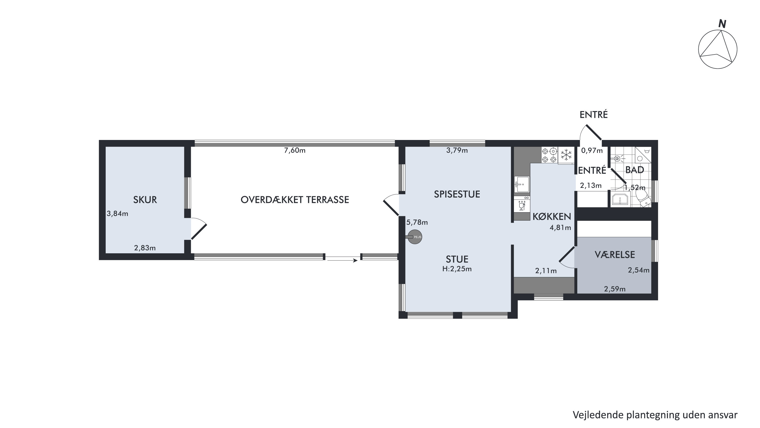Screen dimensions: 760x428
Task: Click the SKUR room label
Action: click(145, 200)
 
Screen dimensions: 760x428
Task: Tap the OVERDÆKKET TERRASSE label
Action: click(295, 200)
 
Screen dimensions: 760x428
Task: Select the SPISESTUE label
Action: click(457, 194)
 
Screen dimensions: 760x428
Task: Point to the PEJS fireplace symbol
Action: click(415, 237)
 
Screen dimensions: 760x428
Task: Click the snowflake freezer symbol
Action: click(566, 155)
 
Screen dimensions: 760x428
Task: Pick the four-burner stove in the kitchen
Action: click(549, 155)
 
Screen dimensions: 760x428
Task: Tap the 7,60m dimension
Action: click(295, 151)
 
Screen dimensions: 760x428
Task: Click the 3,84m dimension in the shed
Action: click(117, 214)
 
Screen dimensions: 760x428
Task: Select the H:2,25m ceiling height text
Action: click(457, 269)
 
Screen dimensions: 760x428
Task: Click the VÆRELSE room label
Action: click(615, 255)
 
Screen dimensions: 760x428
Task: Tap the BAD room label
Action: click(635, 170)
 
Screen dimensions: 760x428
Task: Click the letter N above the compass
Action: click(722, 24)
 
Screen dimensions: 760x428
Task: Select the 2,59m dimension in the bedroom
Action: click(615, 289)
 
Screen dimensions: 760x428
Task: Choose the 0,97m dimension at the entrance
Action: click(592, 151)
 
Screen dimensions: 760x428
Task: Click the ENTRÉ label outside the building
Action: click(594, 115)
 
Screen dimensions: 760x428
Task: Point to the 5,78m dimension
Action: click(417, 223)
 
